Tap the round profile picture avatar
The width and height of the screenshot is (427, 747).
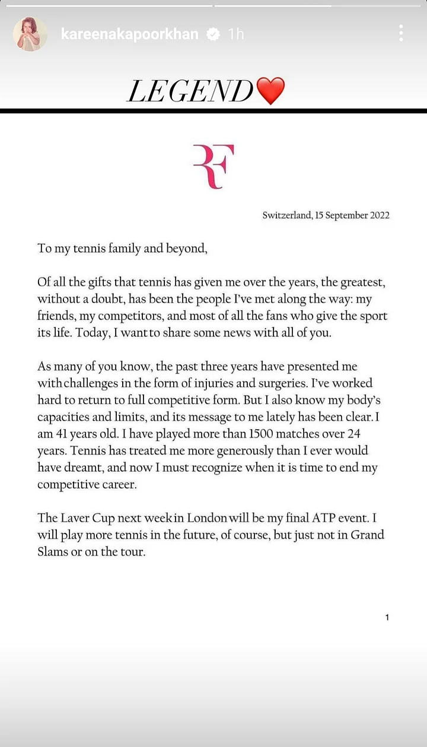[30, 34]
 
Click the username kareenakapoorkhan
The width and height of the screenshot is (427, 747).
[130, 34]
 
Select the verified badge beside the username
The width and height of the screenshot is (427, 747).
[213, 34]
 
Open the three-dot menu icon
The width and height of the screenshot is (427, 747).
[401, 33]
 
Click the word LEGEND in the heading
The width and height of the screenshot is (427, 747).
[190, 92]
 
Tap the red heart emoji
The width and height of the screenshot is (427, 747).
[270, 91]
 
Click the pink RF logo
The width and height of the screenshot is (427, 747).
[213, 167]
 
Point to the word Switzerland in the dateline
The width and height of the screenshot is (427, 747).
[286, 215]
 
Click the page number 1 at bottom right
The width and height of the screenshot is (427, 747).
[387, 618]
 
